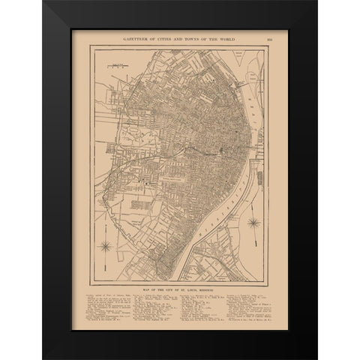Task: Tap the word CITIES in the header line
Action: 172,36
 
